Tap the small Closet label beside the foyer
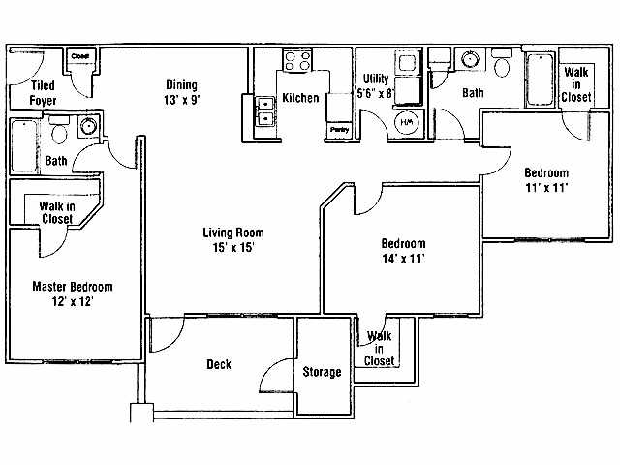[80, 56]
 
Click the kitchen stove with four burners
[295, 62]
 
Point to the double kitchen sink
[263, 110]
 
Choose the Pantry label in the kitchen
[339, 128]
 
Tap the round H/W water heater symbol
[407, 122]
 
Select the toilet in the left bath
[58, 131]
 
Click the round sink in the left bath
[88, 125]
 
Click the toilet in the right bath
[502, 65]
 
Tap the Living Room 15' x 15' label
[232, 239]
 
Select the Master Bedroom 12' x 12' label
[73, 294]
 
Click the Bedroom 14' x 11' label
[402, 250]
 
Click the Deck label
[218, 365]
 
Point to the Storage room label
[322, 372]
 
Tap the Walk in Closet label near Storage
[380, 349]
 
